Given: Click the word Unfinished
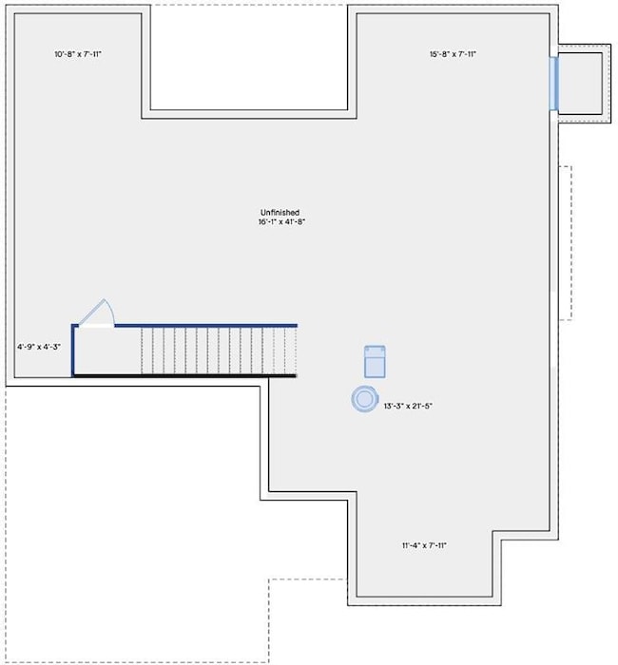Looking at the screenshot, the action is [x=280, y=212].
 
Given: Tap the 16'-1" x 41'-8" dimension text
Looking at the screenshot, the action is [x=281, y=221].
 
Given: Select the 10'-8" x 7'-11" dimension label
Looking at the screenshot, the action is [x=78, y=54].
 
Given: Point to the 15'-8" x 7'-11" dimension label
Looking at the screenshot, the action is [x=453, y=54].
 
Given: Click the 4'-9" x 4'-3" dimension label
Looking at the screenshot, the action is [x=39, y=347].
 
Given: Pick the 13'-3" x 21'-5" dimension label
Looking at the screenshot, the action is [x=408, y=406].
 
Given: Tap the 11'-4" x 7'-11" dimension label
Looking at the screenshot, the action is [x=424, y=545].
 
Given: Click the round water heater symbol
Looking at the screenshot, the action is [x=364, y=399].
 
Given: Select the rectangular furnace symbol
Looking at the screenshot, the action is [x=375, y=362].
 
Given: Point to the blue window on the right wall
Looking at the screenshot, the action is [x=553, y=84].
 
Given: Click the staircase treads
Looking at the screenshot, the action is [x=219, y=351].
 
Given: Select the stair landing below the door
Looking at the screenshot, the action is [x=107, y=351].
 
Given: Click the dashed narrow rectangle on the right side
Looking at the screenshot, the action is [x=566, y=243].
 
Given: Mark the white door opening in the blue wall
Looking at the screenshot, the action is [x=96, y=326].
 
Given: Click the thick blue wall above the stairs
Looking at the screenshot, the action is [x=206, y=326].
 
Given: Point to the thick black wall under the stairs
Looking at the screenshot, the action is [x=184, y=376].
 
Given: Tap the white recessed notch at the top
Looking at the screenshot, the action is [x=249, y=57].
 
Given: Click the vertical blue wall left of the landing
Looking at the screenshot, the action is [x=73, y=351].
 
